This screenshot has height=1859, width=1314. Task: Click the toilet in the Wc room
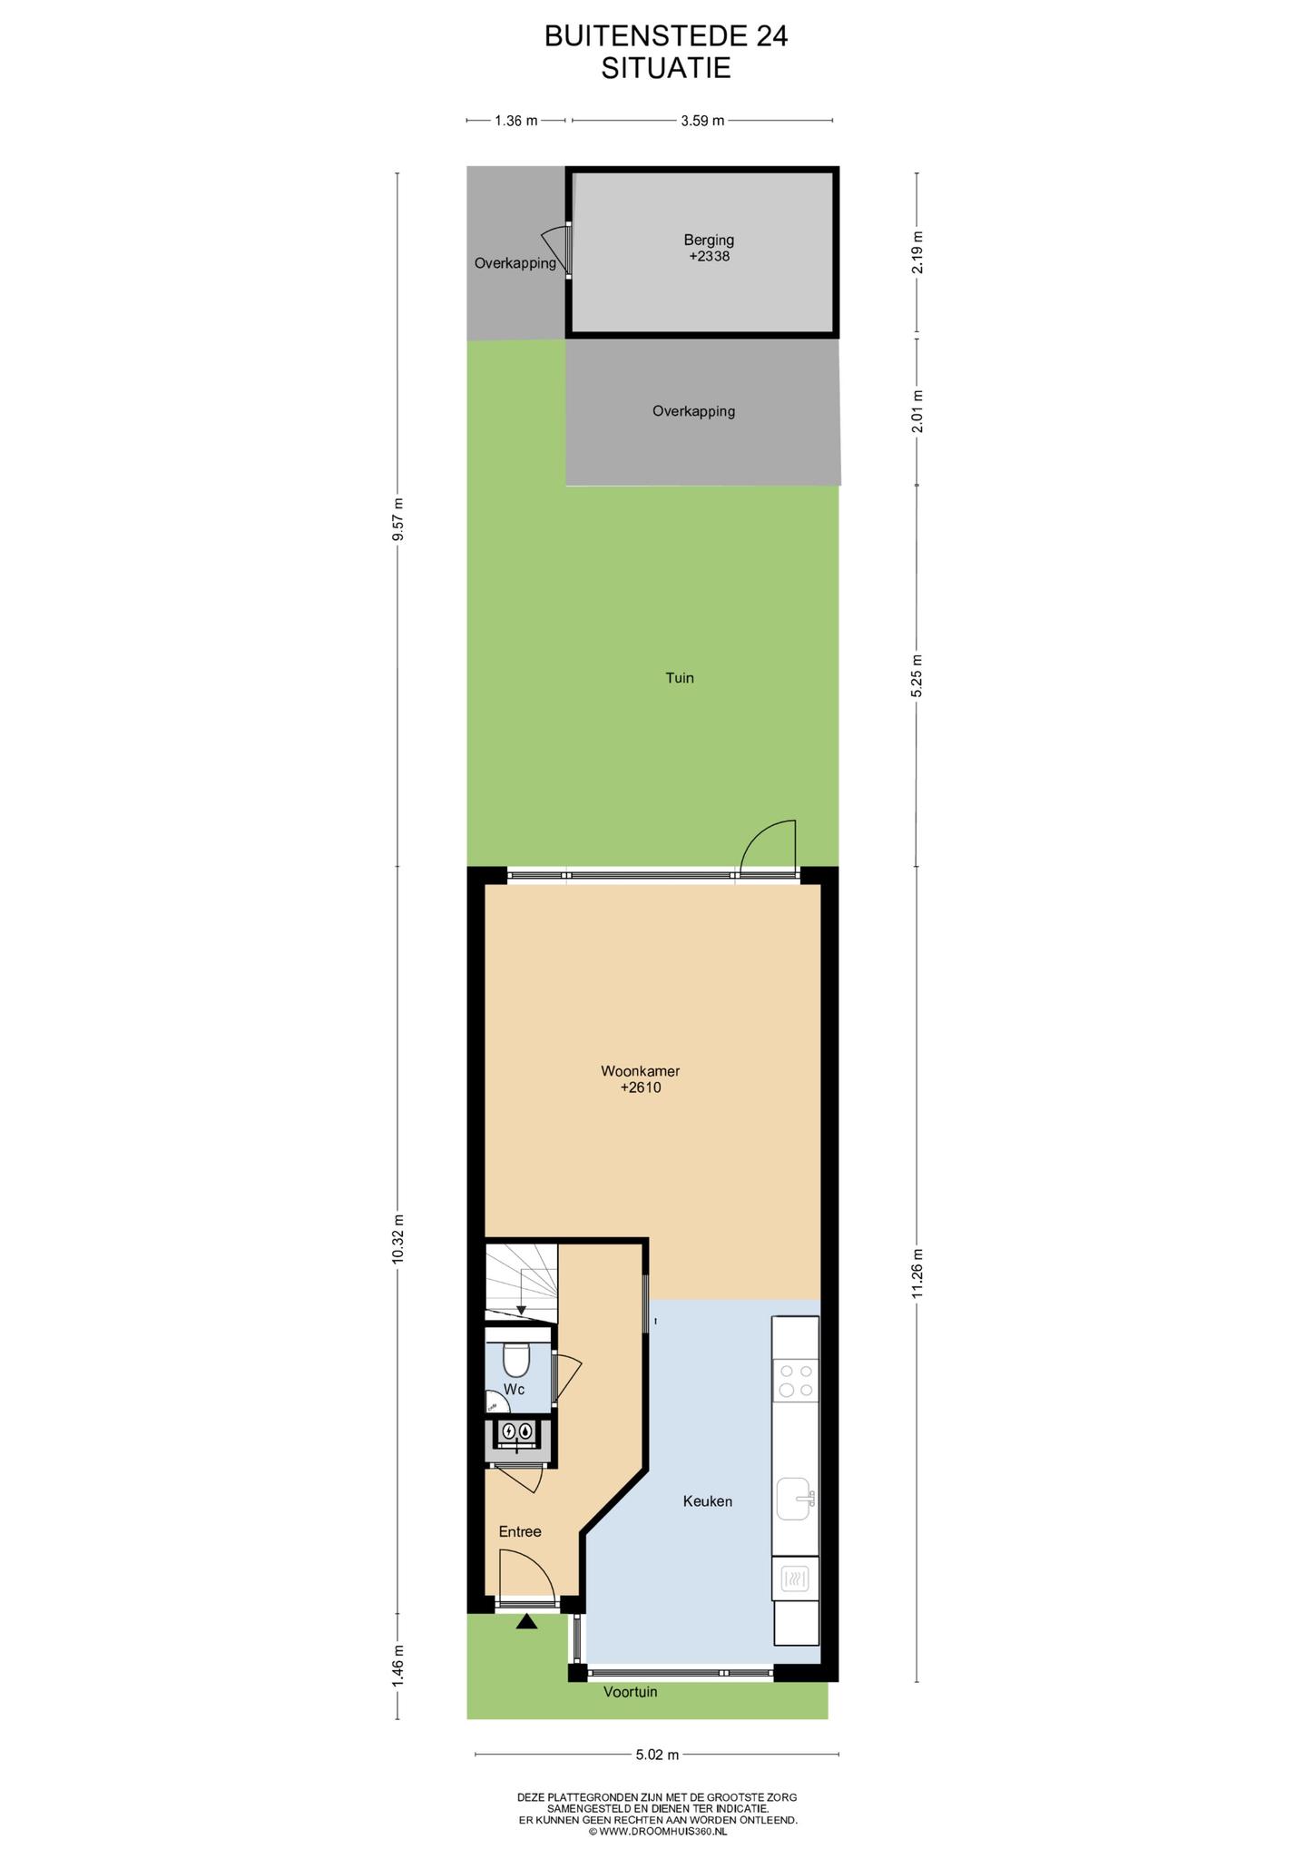[515, 1359]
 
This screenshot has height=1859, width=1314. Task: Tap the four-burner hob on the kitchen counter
[796, 1381]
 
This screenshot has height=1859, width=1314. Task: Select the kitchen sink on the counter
[796, 1498]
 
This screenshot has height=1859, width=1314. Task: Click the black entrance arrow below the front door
[526, 1621]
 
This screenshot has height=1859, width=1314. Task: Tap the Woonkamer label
[640, 1071]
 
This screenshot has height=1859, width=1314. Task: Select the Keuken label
[707, 1501]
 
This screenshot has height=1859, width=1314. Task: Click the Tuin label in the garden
[680, 677]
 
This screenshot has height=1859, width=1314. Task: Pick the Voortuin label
[631, 1692]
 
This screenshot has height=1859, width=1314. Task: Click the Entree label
[520, 1531]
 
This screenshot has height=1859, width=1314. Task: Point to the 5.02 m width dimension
[657, 1755]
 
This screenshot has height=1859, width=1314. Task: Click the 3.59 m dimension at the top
[702, 120]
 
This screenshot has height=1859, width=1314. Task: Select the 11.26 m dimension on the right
[917, 1274]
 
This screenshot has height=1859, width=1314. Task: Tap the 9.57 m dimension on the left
[397, 519]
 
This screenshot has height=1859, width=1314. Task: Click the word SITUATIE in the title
[666, 68]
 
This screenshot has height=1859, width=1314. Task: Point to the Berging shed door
[554, 251]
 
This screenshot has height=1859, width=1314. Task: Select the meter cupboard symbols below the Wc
[515, 1431]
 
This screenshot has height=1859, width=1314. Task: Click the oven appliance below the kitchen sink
[796, 1579]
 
